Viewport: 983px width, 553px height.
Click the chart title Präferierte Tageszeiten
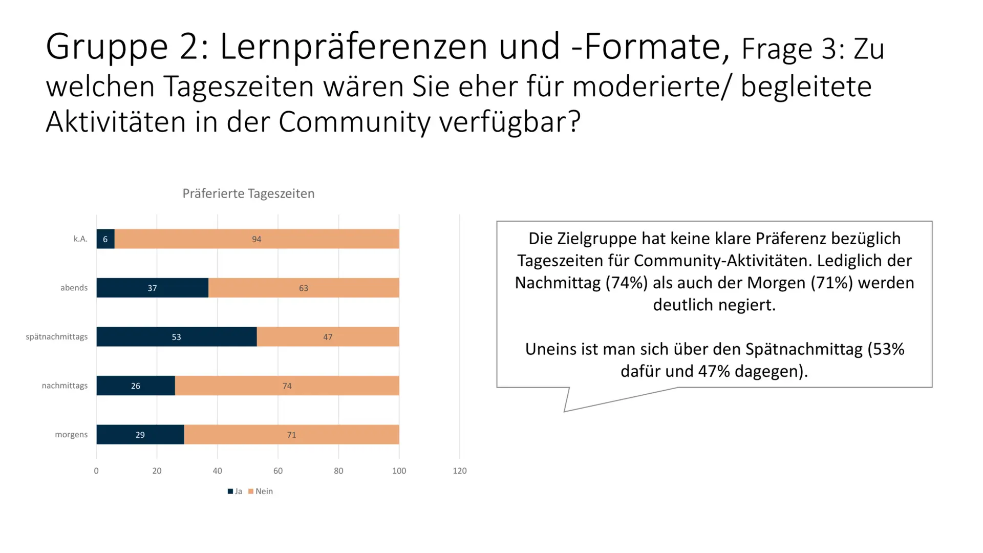coord(248,194)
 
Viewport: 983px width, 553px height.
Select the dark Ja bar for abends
coord(152,288)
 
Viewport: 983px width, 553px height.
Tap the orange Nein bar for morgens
coord(291,435)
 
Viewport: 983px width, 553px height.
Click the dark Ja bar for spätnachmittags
coord(176,337)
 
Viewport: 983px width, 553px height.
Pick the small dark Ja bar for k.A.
coord(105,239)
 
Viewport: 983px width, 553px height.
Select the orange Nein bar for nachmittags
coord(287,386)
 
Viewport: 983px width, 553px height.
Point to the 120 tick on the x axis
coord(459,471)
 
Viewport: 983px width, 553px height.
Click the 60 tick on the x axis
coord(278,471)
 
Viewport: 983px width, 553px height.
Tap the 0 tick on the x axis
coord(96,471)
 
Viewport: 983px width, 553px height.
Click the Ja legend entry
coord(235,492)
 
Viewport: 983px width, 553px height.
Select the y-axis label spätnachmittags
coord(57,337)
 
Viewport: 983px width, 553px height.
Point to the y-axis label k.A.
coord(80,239)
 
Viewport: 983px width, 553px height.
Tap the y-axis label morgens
coord(71,435)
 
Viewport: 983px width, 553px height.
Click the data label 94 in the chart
coord(257,239)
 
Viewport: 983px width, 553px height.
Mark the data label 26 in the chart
coord(136,386)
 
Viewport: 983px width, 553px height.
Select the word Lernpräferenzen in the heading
coord(353,47)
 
